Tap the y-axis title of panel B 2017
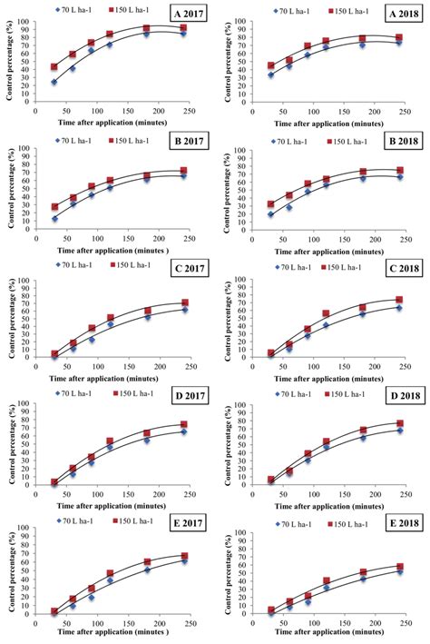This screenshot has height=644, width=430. [8, 182]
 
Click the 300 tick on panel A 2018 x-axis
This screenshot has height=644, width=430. [425, 116]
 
